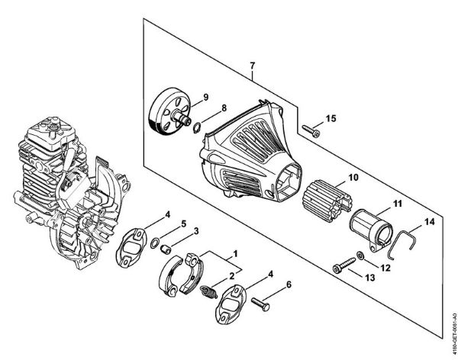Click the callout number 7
(251, 73)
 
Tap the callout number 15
(331, 117)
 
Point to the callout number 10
(353, 178)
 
